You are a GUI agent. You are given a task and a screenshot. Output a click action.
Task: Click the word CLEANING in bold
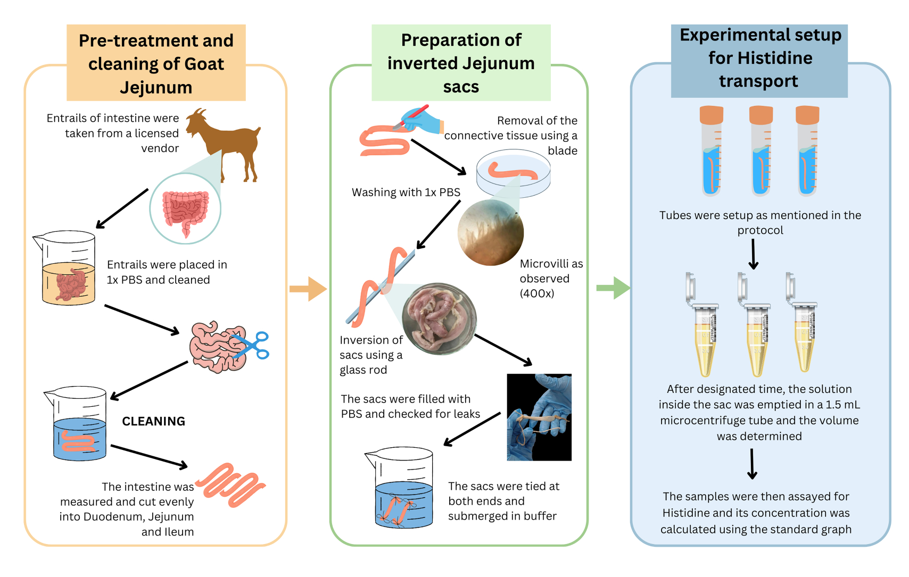click(x=153, y=421)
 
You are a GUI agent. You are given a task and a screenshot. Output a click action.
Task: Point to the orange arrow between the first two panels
click(x=308, y=289)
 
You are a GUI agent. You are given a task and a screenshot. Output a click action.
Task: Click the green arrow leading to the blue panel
click(x=613, y=288)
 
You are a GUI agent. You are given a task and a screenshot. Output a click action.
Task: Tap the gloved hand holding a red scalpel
click(x=420, y=120)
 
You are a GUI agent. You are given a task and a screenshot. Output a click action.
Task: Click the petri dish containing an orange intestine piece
click(x=513, y=173)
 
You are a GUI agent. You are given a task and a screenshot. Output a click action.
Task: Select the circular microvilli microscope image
click(x=491, y=232)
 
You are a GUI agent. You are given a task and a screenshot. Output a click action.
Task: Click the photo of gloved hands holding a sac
click(x=539, y=417)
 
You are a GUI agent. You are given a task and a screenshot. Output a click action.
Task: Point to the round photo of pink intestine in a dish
click(x=439, y=319)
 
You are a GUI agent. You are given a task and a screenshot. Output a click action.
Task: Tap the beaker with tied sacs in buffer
click(x=399, y=488)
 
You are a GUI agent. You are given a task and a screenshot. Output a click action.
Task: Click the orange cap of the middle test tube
click(x=761, y=115)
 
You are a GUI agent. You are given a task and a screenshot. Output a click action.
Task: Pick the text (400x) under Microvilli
click(x=537, y=293)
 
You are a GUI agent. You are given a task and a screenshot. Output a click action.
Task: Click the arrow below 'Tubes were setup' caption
click(x=753, y=254)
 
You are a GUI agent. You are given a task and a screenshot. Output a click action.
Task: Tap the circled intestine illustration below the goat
click(x=185, y=208)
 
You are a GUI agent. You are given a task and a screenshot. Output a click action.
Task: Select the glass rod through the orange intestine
click(x=380, y=287)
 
